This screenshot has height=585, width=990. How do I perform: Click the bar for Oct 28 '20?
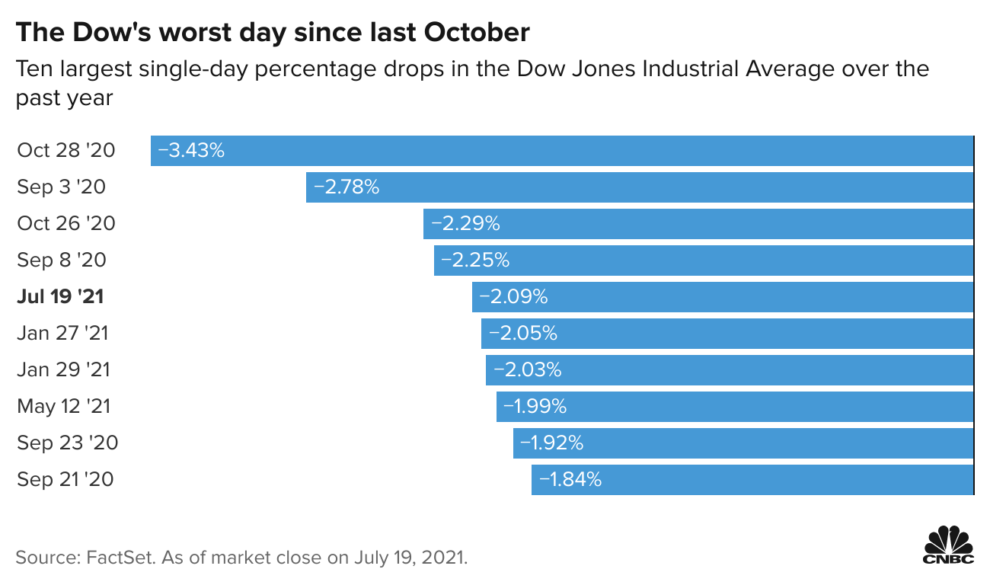[562, 151]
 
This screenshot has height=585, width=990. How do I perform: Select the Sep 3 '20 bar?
[640, 187]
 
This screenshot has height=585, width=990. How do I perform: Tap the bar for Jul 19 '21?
[723, 297]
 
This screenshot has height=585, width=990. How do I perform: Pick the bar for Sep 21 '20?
[752, 480]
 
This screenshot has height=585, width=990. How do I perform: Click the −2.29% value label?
[465, 224]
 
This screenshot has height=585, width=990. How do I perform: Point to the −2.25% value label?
[475, 261]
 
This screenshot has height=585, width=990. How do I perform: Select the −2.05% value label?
[523, 334]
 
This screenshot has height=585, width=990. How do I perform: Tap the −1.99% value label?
[535, 406]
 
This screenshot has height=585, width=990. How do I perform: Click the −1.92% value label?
[552, 443]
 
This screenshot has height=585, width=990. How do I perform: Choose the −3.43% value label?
[191, 151]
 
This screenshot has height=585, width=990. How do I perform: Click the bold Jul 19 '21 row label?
[60, 297]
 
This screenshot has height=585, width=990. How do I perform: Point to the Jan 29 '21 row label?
[63, 369]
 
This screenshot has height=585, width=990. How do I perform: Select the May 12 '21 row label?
[64, 406]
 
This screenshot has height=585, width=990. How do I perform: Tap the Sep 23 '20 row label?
[68, 443]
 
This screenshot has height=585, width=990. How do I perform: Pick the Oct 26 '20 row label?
[66, 224]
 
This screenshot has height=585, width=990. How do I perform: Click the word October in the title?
[477, 32]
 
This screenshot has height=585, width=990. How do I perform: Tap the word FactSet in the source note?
[121, 558]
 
